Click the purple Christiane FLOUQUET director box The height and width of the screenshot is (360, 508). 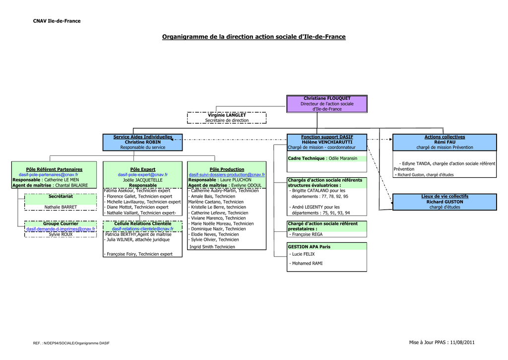pyautogui.click(x=327, y=104)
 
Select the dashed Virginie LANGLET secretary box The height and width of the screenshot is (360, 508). pyautogui.click(x=227, y=118)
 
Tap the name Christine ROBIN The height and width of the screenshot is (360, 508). pyautogui.click(x=142, y=142)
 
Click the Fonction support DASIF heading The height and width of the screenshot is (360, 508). pyautogui.click(x=327, y=137)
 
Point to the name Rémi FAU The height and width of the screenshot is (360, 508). pyautogui.click(x=444, y=142)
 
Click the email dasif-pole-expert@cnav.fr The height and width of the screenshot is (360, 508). pyautogui.click(x=142, y=175)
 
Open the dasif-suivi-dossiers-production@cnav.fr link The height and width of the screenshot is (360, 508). pyautogui.click(x=227, y=175)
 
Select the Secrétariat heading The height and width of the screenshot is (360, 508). pyautogui.click(x=61, y=197)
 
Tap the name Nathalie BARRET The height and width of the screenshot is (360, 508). pyautogui.click(x=61, y=207)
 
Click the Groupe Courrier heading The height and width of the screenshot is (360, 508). pyautogui.click(x=61, y=223)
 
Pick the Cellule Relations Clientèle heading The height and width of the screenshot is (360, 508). pyautogui.click(x=142, y=223)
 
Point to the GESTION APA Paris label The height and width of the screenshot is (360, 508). pyautogui.click(x=309, y=246)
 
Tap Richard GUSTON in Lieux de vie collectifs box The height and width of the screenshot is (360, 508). pyautogui.click(x=444, y=202)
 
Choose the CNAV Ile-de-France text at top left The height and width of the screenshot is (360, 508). pyautogui.click(x=57, y=21)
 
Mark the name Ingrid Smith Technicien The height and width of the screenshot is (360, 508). pyautogui.click(x=212, y=246)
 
